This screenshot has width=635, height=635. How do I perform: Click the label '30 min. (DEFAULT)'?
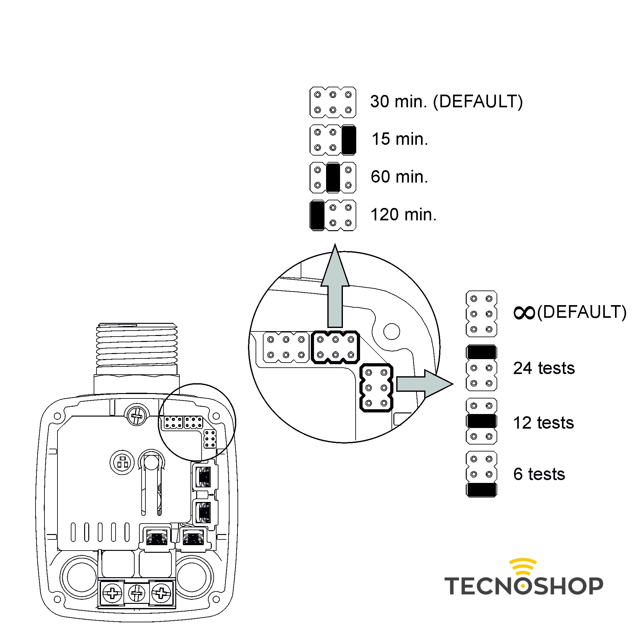point(446,101)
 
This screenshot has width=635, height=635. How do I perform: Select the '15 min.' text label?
point(399,139)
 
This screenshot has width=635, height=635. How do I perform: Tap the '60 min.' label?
point(399,177)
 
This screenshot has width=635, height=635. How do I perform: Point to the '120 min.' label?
point(403,215)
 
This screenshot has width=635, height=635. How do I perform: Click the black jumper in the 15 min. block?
point(348,140)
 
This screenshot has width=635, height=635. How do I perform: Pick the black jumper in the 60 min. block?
point(333,177)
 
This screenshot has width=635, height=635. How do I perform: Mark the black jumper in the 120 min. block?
point(317,215)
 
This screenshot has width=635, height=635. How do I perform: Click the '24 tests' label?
point(544,368)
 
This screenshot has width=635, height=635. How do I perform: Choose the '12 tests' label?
point(543,423)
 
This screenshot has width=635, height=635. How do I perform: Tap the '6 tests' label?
point(539,474)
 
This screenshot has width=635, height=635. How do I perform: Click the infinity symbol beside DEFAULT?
point(524,312)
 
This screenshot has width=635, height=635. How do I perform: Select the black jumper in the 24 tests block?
point(481,352)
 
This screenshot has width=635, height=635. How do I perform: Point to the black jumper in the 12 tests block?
point(481,421)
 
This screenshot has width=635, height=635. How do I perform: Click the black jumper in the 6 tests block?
point(481,490)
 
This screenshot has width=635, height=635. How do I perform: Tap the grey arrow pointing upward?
point(335,289)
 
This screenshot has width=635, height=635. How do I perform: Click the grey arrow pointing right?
point(424,384)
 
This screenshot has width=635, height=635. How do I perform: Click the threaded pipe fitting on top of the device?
point(137,345)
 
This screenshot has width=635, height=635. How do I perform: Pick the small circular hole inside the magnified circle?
point(391,331)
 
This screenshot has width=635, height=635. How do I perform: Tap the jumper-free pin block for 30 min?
point(333,102)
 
